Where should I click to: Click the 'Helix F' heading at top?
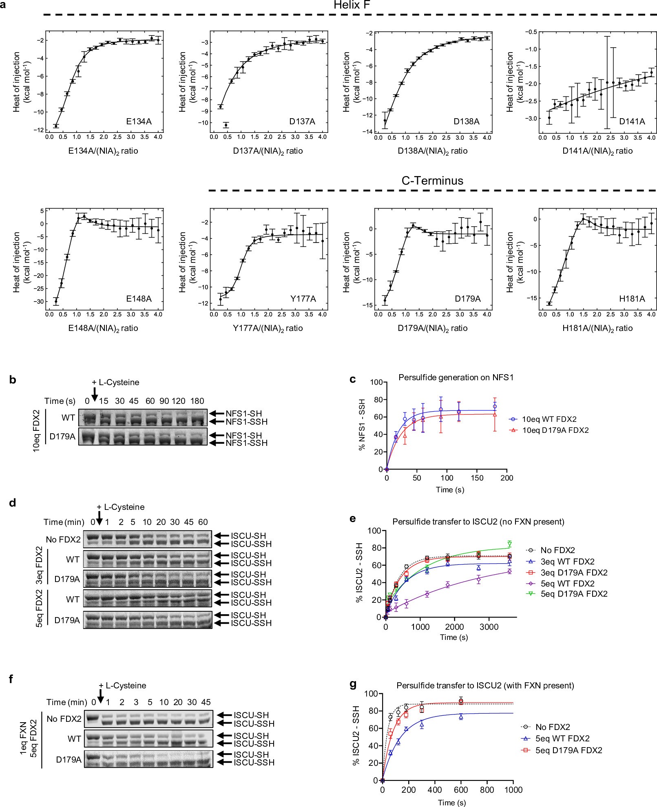click(x=352, y=5)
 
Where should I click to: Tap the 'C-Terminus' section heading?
click(x=432, y=181)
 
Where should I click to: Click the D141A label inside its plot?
click(x=632, y=121)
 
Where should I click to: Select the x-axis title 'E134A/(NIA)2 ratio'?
click(x=103, y=151)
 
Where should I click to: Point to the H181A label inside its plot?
click(x=632, y=299)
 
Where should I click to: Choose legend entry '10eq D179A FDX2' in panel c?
click(x=555, y=430)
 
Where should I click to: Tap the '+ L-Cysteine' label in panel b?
click(x=115, y=382)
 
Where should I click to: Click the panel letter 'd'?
click(x=13, y=503)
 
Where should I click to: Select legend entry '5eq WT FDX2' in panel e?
click(x=567, y=583)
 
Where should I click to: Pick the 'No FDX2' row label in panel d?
click(x=63, y=540)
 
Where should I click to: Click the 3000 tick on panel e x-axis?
click(x=489, y=627)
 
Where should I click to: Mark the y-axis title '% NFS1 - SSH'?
click(x=362, y=425)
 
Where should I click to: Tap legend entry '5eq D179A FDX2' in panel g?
click(x=569, y=750)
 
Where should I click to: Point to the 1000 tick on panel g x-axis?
click(x=513, y=789)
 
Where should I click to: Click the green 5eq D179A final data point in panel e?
click(x=509, y=544)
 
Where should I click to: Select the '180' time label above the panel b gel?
click(x=197, y=401)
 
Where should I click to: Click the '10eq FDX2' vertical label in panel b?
click(x=36, y=431)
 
